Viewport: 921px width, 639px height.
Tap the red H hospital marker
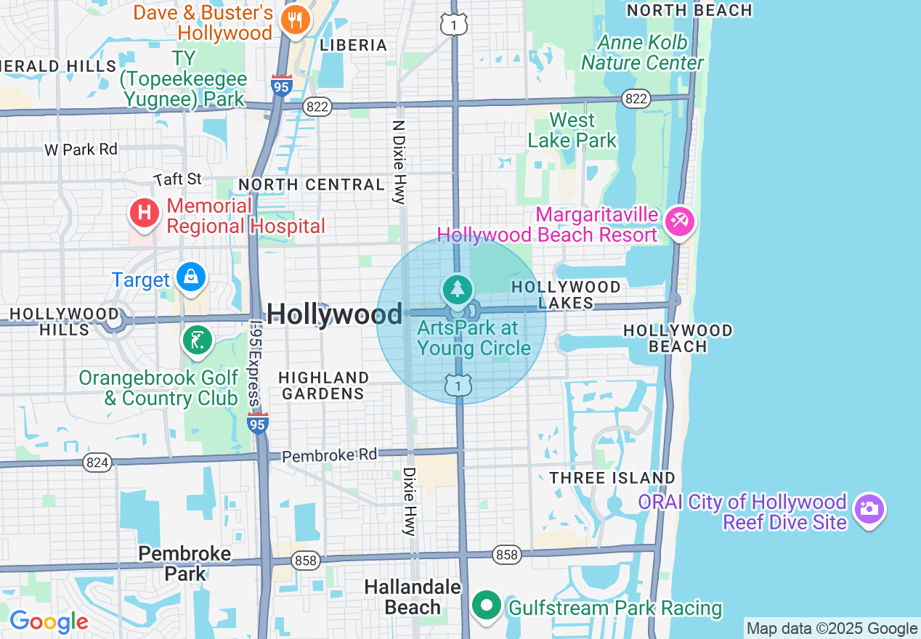tap(145, 213)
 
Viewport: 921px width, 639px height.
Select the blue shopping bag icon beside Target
tap(191, 277)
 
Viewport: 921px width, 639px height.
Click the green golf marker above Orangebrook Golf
tap(197, 340)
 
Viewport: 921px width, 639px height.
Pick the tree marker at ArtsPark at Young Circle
tap(457, 290)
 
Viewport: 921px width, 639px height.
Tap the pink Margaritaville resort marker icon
tap(680, 220)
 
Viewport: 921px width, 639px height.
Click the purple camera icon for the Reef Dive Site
tap(869, 509)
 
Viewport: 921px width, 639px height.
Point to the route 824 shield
tap(97, 463)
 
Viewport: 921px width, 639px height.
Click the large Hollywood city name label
tap(334, 314)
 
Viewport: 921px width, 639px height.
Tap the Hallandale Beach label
tap(413, 597)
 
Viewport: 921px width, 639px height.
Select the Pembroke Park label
tap(184, 563)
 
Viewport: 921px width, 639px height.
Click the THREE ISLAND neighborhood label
tap(612, 478)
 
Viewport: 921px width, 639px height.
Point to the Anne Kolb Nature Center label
tap(642, 52)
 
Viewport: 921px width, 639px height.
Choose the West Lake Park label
tap(572, 130)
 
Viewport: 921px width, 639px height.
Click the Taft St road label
tap(177, 179)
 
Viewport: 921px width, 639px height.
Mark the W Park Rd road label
tap(81, 150)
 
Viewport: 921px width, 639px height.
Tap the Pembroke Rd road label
tap(330, 455)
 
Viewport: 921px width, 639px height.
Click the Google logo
tap(49, 622)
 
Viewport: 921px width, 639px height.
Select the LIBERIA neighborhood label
tap(354, 45)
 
